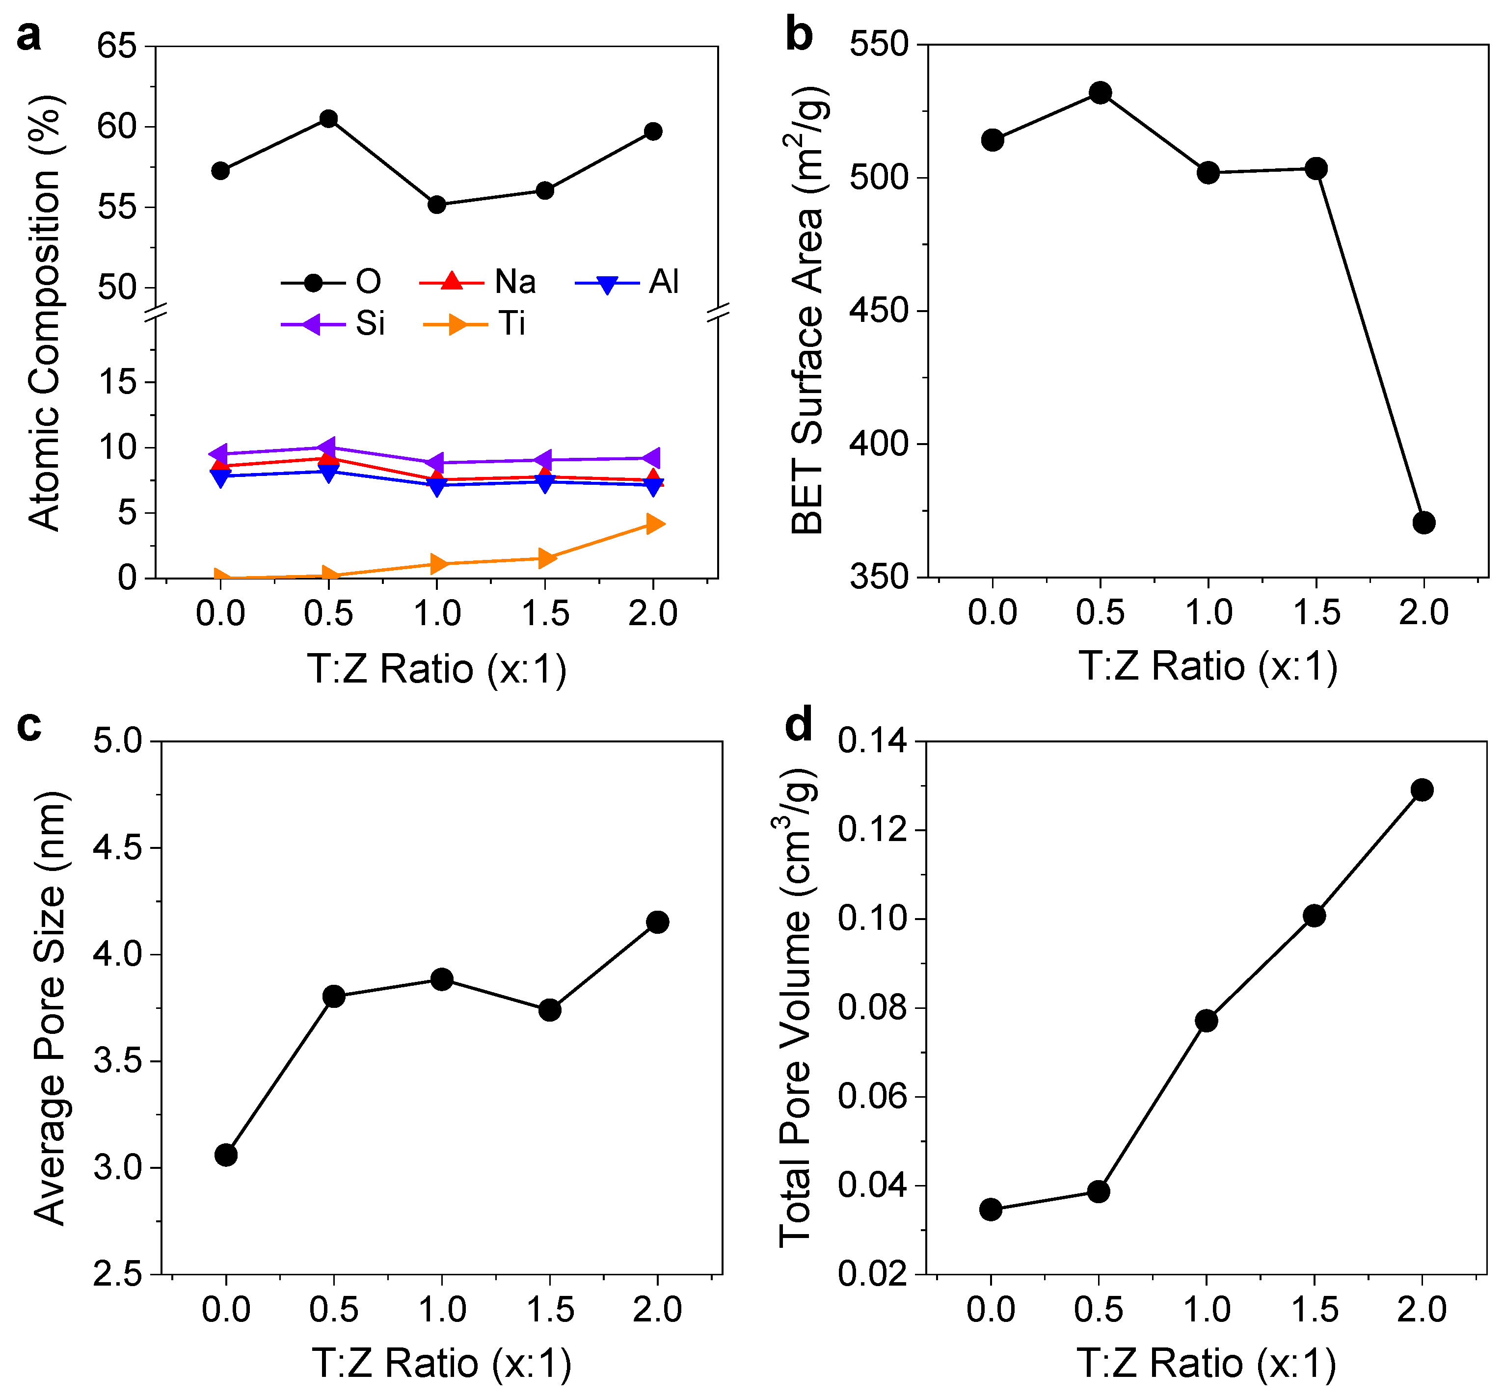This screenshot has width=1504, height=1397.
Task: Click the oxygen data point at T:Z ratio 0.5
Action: tap(328, 119)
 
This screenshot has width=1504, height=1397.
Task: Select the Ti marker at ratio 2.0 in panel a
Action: tap(655, 524)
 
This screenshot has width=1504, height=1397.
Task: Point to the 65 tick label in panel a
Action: tap(117, 47)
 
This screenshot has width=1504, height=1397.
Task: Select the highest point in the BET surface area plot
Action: tap(1100, 93)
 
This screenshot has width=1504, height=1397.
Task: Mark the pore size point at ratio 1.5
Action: tap(550, 1010)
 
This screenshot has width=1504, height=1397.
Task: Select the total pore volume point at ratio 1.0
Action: tap(1207, 1021)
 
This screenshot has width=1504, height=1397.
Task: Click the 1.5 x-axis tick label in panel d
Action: tap(1314, 1309)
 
